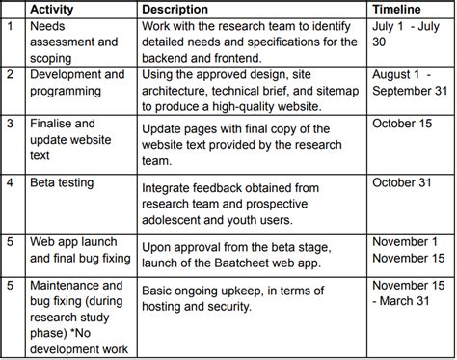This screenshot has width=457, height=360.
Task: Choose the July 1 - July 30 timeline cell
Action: pyautogui.click(x=409, y=35)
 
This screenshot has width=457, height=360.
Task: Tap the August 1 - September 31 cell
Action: pyautogui.click(x=408, y=82)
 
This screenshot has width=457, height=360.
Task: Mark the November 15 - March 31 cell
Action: pyautogui.click(x=409, y=293)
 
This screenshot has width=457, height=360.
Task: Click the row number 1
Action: pyautogui.click(x=11, y=26)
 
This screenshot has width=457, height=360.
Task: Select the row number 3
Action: pyautogui.click(x=11, y=125)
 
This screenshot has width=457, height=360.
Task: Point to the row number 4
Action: pyautogui.click(x=11, y=182)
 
